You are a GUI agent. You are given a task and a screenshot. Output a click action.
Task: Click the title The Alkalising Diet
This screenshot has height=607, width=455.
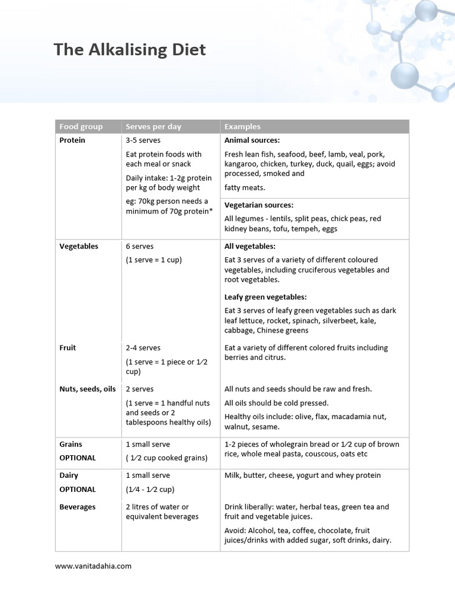coord(130,49)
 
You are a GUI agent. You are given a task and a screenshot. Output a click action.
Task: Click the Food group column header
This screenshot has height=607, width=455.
coord(81,126)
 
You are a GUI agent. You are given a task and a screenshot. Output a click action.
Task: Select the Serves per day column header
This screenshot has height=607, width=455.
coord(153,126)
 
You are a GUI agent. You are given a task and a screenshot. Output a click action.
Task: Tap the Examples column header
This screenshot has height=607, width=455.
coord(242,126)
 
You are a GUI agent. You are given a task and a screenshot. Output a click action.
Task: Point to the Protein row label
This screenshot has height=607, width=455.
coord(72,140)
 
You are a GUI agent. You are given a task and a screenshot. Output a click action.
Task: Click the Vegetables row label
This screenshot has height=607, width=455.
coord(79,246)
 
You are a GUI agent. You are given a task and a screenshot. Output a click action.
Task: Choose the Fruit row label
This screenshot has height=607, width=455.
coord(68,348)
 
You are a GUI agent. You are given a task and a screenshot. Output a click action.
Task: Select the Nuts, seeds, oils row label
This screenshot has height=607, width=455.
coord(88,389)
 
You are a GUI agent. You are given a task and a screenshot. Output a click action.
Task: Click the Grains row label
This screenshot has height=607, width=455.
coord(71,444)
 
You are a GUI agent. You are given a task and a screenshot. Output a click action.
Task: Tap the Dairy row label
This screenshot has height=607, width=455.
coord(69,475)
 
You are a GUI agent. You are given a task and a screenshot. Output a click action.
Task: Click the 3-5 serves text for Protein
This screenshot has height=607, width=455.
coord(143,140)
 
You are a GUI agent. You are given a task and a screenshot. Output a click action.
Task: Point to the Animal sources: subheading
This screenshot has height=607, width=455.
coord(252,140)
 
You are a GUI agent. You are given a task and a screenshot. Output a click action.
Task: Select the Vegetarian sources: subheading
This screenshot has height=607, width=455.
coord(259,205)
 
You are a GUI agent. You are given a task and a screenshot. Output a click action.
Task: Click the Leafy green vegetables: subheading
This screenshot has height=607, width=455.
coord(265,297)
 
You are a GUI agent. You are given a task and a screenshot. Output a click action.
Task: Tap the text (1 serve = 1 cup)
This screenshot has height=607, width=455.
coord(154,260)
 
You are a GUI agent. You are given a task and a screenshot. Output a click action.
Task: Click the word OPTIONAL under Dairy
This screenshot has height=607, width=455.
coord(78,489)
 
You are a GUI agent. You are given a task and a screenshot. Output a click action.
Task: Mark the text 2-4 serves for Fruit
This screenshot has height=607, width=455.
coord(143,348)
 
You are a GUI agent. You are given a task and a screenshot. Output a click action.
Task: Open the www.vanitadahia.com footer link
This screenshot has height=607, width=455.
coord(93,566)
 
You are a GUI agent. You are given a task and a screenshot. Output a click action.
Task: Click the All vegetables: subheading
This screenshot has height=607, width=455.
coord(250,246)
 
